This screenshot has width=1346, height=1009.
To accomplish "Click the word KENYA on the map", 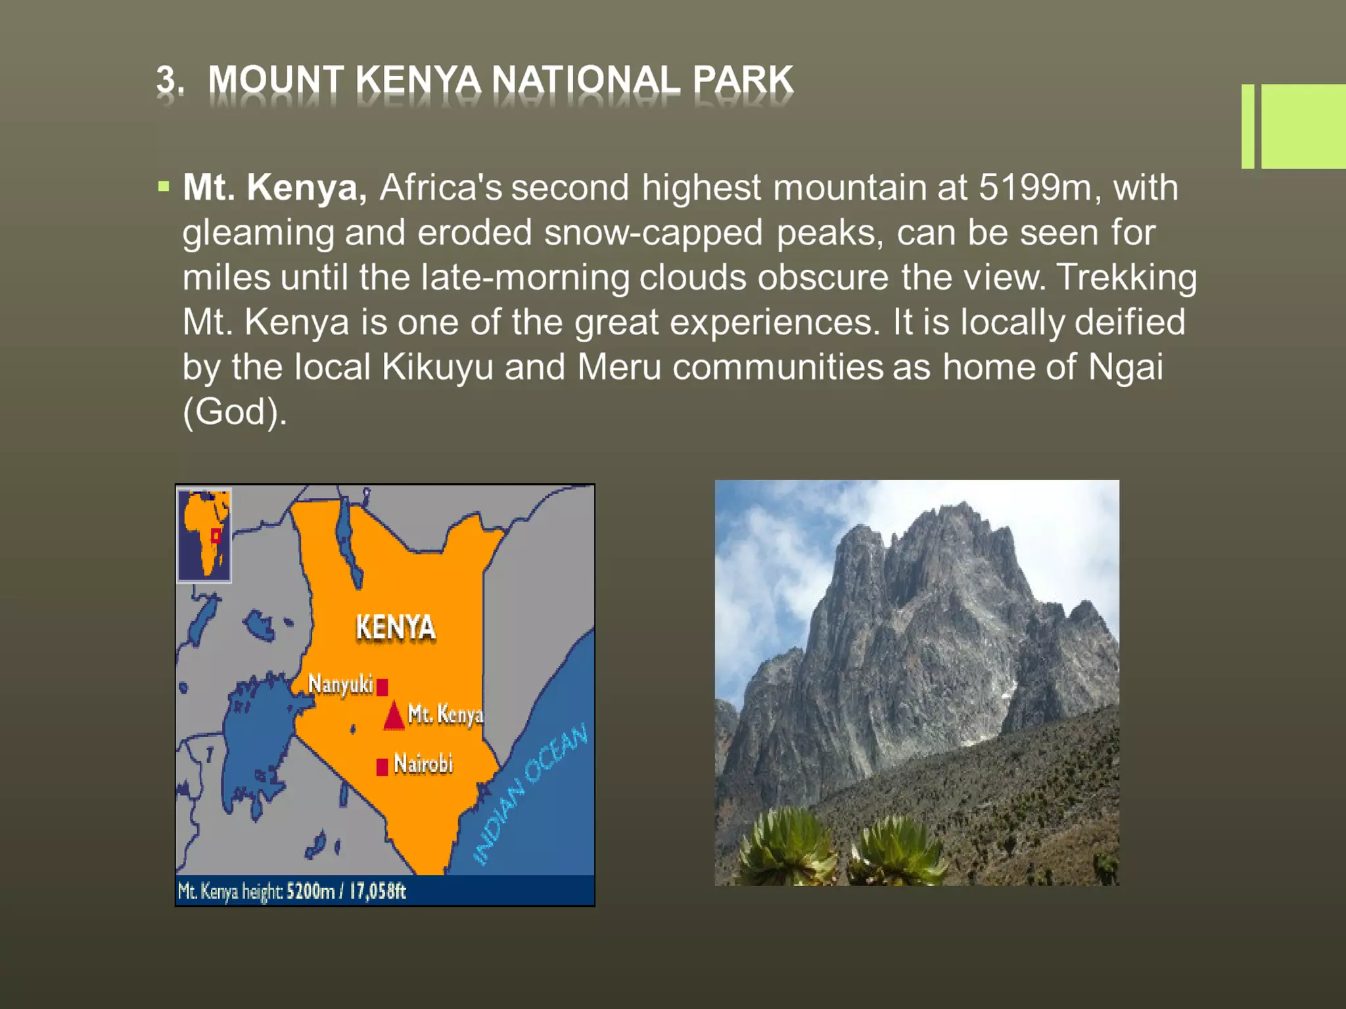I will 396,627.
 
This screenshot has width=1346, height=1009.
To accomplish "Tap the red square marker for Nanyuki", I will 383,687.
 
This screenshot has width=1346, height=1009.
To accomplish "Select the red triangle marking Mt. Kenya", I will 394,717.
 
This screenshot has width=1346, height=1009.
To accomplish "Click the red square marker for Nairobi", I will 382,767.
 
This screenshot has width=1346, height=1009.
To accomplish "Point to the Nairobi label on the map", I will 423,764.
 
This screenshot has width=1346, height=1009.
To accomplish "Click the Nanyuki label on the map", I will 340,684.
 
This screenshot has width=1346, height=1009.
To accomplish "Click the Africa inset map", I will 204,535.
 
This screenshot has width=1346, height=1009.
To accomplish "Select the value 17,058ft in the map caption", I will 377,891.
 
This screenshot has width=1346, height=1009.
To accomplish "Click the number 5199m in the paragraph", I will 1035,187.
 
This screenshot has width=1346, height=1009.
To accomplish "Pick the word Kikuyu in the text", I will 437,367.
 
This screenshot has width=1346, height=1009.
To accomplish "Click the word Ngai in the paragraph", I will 1125,367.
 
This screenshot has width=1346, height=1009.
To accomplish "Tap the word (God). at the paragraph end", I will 235,412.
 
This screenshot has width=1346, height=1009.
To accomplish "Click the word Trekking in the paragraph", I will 1126,277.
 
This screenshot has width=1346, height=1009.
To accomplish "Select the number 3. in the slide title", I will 170,80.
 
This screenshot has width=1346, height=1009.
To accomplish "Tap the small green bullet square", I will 164,187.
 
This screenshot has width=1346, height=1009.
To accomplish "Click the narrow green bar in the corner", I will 1247,126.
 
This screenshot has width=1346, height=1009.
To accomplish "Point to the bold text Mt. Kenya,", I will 275,187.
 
